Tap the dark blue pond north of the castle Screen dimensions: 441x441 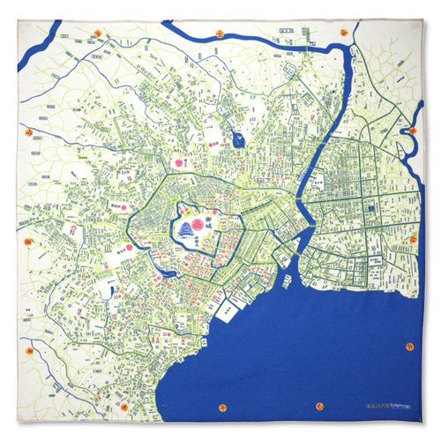[235, 138]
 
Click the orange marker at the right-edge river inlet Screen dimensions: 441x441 [412, 130]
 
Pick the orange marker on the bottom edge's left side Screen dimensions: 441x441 [124, 408]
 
